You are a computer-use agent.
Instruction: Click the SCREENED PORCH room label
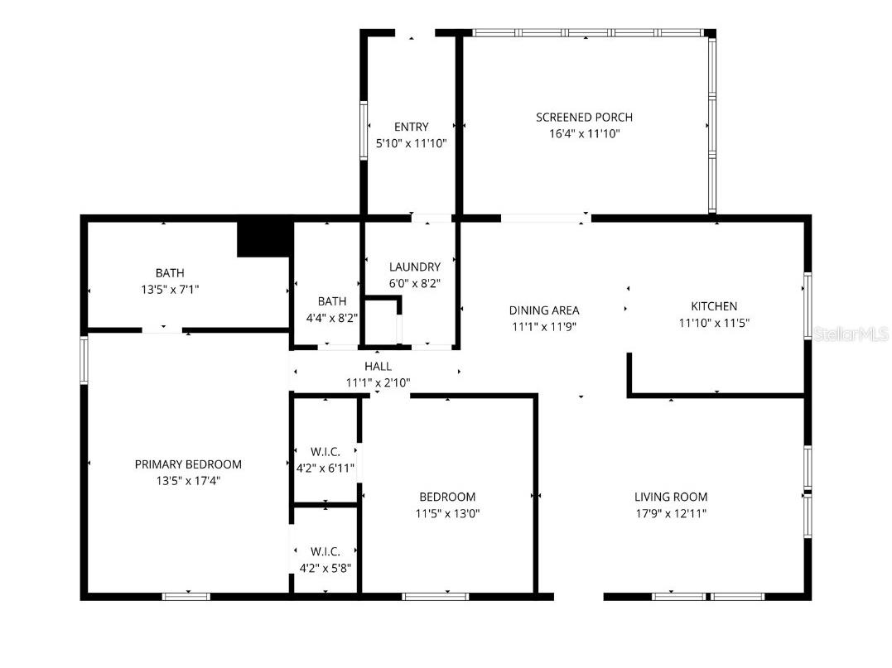tap(584, 117)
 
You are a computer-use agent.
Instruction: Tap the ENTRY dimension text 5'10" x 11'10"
tap(411, 143)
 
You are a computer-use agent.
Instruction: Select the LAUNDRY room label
tap(414, 267)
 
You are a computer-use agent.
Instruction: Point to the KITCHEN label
tap(713, 306)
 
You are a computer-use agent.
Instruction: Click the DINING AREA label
tap(543, 310)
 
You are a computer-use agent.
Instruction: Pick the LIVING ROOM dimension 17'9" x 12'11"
tap(670, 513)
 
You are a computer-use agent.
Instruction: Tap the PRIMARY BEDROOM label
tap(188, 464)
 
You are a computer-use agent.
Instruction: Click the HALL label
tap(378, 366)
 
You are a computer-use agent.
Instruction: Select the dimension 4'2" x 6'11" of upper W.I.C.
tap(325, 469)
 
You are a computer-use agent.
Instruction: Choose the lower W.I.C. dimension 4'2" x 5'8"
tap(325, 568)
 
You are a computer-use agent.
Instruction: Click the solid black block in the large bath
tap(265, 238)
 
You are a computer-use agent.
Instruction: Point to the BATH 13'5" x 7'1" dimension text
tap(170, 290)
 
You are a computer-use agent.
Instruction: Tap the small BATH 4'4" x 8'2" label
tap(331, 301)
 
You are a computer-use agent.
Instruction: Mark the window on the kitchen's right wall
tap(806, 305)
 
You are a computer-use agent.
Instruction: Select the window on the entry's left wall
tap(363, 129)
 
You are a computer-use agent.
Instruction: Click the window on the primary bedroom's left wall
tap(84, 359)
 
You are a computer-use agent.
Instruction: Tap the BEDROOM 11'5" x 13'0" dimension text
tap(447, 513)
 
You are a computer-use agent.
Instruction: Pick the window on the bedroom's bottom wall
tap(436, 596)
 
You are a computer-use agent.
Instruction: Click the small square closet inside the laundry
tap(381, 321)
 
